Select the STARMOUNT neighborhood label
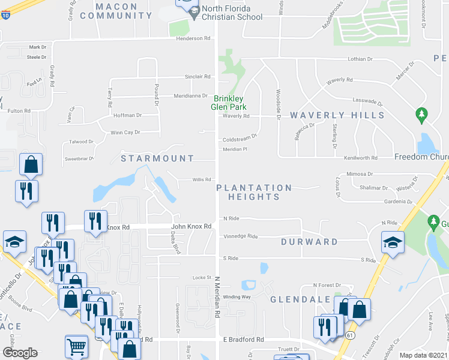(157, 158)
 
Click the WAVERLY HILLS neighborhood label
(337, 115)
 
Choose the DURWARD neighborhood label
(309, 242)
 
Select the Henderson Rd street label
(194, 38)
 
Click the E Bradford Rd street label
(244, 340)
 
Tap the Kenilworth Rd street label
(362, 158)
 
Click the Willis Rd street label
(201, 179)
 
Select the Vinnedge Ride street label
(240, 236)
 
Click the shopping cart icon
(76, 347)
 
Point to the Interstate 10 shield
(5, 15)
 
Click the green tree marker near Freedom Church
(421, 113)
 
